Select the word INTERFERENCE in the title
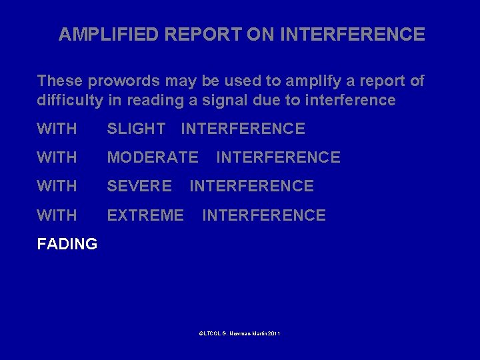(x=353, y=35)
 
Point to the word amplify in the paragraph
(x=306, y=81)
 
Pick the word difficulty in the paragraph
(x=70, y=101)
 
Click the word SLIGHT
(x=136, y=129)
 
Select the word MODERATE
(x=153, y=157)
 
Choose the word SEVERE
(x=139, y=186)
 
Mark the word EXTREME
(x=145, y=215)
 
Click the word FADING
(x=67, y=244)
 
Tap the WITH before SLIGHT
(x=57, y=129)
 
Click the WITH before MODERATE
(x=57, y=157)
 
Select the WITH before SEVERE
(x=57, y=186)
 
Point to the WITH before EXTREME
(x=57, y=215)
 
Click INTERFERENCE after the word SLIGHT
(x=243, y=129)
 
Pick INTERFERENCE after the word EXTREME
(x=264, y=215)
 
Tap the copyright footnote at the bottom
(x=239, y=333)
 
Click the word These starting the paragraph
(x=59, y=81)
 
